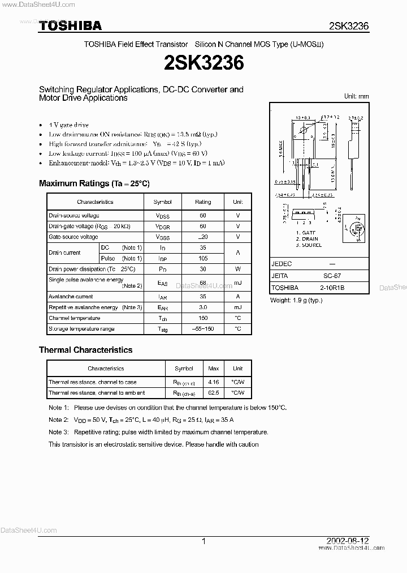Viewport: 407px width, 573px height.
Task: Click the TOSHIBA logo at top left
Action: click(x=70, y=25)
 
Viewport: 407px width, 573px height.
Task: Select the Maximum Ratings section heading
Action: click(x=94, y=183)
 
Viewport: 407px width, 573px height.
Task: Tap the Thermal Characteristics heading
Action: click(x=85, y=350)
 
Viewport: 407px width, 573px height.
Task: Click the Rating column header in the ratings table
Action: click(x=203, y=202)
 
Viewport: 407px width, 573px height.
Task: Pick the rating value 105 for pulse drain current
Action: click(x=203, y=258)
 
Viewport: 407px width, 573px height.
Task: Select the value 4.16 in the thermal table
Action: click(x=214, y=382)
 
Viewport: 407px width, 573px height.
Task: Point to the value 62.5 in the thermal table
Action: click(x=214, y=392)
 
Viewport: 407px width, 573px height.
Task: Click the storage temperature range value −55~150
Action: click(x=203, y=329)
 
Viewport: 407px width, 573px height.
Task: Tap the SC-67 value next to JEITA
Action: click(x=331, y=276)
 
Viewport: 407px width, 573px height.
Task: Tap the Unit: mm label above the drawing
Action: click(x=356, y=96)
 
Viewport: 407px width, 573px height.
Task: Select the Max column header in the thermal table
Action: click(x=214, y=368)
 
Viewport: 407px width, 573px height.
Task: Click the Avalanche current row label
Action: click(x=71, y=296)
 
